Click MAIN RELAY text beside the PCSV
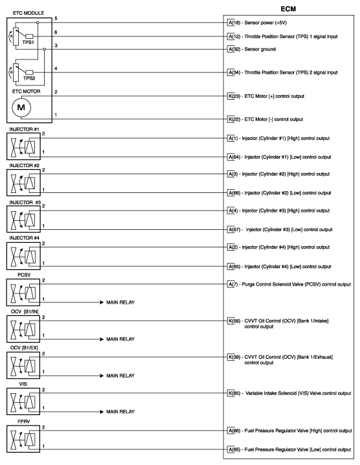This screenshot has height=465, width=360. pos(120,302)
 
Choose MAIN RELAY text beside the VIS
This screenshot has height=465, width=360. pos(120,411)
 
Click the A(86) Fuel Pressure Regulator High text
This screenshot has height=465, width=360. pos(289,430)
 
